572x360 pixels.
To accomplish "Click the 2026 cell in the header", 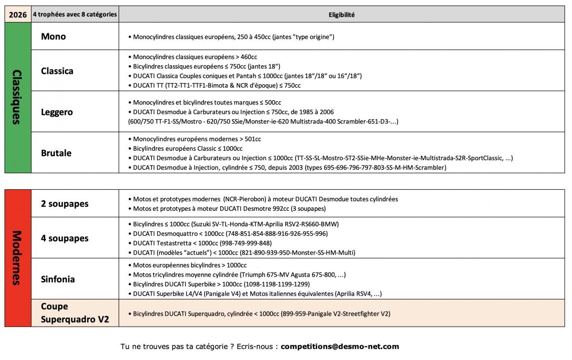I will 18,15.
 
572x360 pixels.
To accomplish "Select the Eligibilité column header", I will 341,15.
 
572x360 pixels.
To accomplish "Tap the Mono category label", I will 53,36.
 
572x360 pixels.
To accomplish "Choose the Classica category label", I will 57,71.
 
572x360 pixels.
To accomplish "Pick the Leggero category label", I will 57,112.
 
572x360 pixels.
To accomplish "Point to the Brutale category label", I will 56,153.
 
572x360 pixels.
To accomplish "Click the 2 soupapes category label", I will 65,204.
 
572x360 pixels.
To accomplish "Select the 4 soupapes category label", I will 65,238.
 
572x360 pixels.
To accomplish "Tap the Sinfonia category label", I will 58,279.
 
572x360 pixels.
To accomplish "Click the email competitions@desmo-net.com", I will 340,347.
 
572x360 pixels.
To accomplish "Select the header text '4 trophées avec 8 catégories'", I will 75,15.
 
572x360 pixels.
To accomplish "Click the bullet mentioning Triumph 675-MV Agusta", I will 237,275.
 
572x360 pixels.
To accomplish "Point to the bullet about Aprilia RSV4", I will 255,294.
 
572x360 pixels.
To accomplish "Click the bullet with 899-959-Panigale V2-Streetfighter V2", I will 259,313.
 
